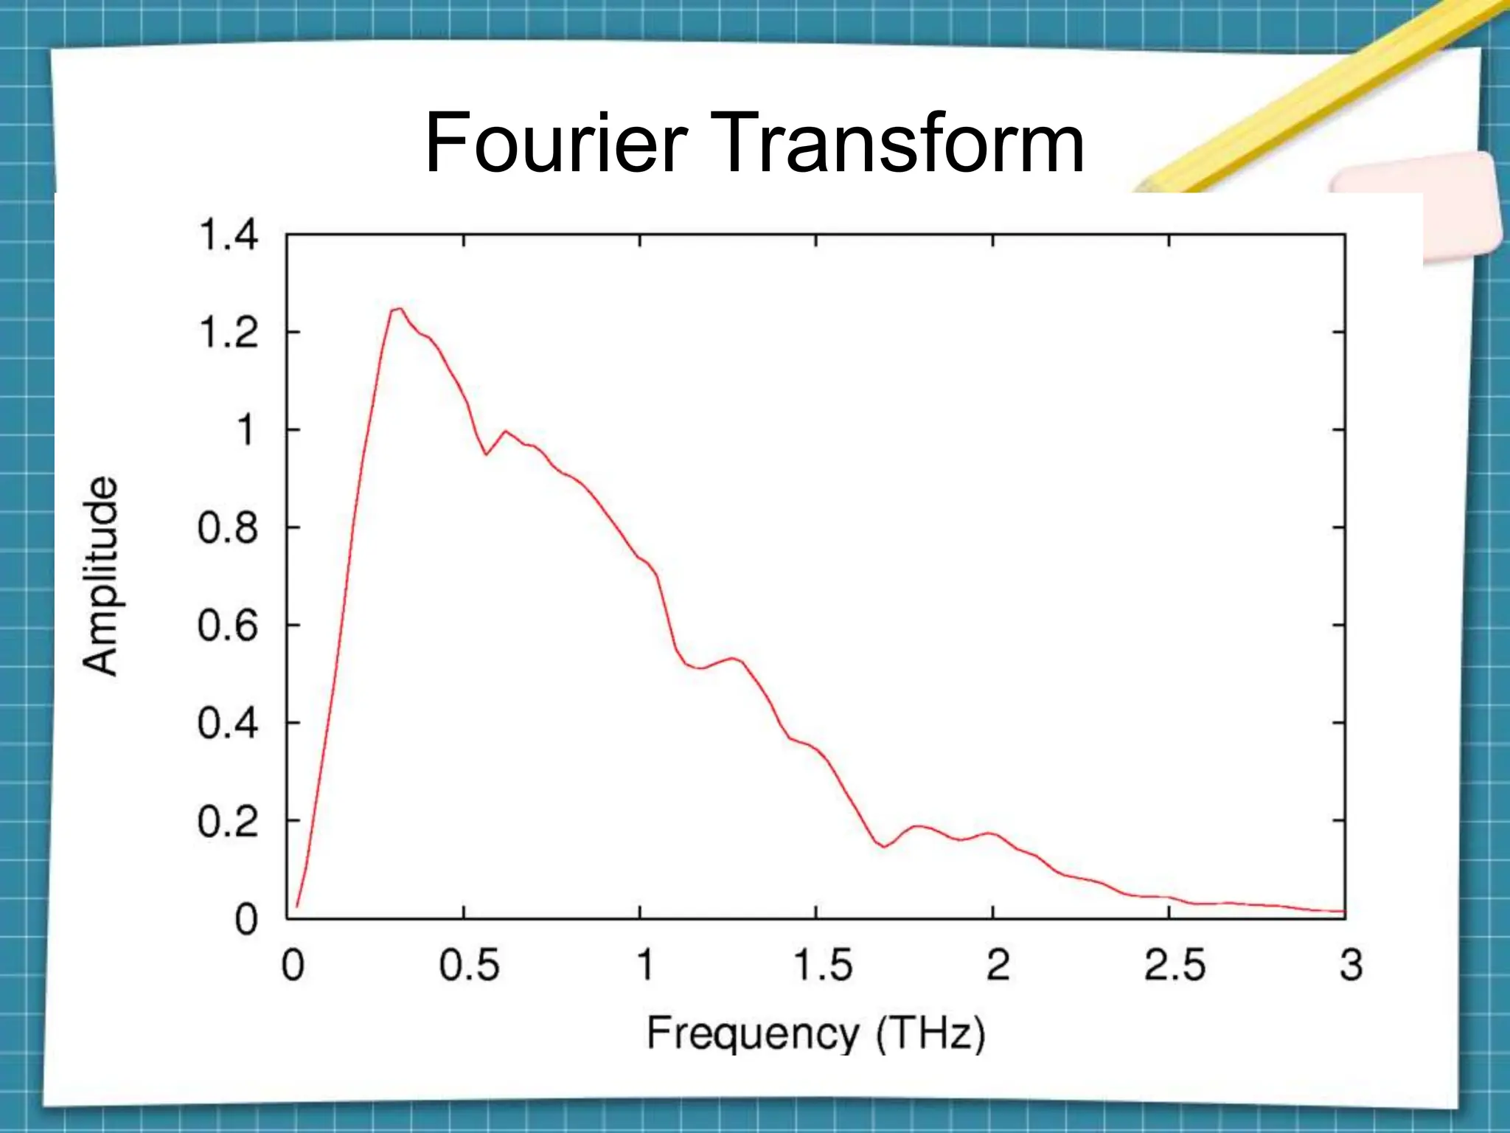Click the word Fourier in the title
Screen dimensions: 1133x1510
click(x=556, y=142)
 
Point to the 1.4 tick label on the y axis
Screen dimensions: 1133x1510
click(x=229, y=235)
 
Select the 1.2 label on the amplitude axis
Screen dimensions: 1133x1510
click(x=229, y=333)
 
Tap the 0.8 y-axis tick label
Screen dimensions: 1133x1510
click(x=228, y=528)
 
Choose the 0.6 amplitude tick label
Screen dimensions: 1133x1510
click(x=228, y=626)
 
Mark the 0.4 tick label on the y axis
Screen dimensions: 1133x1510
click(x=228, y=723)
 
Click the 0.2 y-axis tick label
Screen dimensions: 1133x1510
click(x=228, y=821)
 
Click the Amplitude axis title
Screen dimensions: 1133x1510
click(x=100, y=576)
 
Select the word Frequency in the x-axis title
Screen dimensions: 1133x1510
click(x=753, y=1033)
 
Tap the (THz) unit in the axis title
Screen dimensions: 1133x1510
click(x=930, y=1033)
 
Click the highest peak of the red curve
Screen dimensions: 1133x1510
click(x=398, y=309)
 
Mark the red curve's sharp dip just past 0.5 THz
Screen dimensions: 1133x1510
click(x=486, y=454)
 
